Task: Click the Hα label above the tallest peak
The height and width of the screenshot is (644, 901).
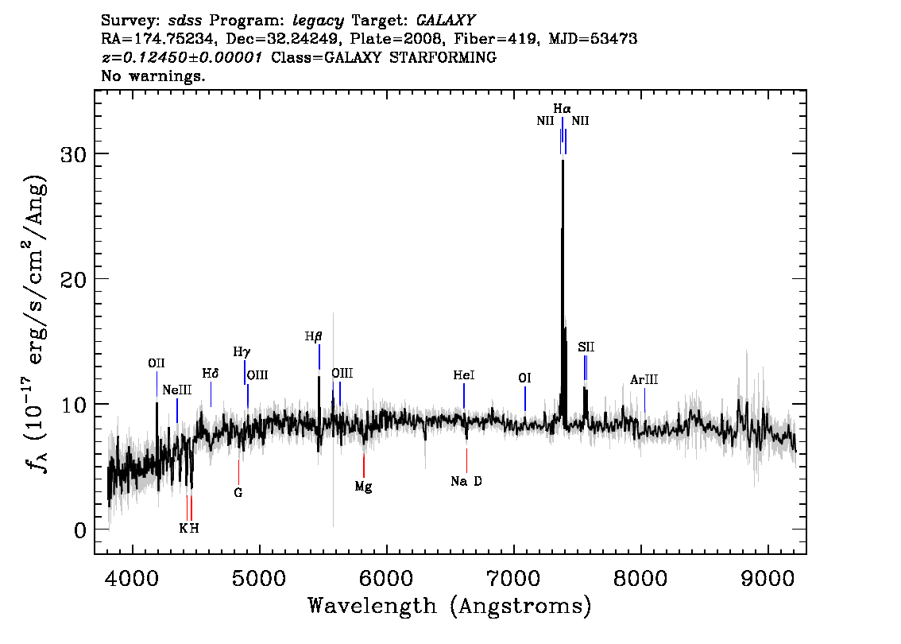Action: (x=562, y=108)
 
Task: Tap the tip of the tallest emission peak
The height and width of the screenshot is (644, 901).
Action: (x=563, y=161)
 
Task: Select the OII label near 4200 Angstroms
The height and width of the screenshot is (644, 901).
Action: (x=157, y=363)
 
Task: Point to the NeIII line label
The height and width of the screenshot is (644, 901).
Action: (x=177, y=390)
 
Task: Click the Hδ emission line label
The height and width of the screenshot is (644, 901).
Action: (x=211, y=374)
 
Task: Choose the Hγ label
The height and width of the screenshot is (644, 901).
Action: (x=242, y=352)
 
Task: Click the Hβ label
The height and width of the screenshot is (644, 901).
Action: (x=313, y=336)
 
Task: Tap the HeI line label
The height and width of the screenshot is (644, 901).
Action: (x=464, y=375)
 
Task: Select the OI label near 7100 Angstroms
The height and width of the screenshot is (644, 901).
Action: (x=524, y=378)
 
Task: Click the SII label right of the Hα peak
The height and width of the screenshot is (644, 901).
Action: (x=586, y=347)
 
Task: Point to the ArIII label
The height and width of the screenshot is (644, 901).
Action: (x=644, y=379)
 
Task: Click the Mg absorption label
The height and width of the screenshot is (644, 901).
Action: (x=363, y=487)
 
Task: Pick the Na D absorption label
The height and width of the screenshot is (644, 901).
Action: (x=466, y=481)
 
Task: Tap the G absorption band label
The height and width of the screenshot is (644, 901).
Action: (x=238, y=493)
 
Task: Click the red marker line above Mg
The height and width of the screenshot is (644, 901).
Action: (x=364, y=466)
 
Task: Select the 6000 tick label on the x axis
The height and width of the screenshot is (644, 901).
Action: (x=387, y=578)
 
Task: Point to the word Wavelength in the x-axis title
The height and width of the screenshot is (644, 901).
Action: (x=373, y=606)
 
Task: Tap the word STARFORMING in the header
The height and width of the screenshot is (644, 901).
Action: (x=443, y=57)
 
